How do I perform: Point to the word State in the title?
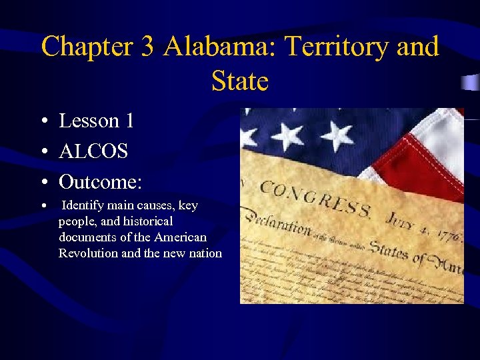pos(239,81)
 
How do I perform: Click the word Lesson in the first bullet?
pos(89,121)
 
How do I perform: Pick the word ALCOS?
pos(93,151)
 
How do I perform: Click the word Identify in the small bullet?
pos(83,206)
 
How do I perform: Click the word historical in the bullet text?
pos(145,221)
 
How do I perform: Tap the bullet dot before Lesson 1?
pos(43,121)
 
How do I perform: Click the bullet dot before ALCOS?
pos(43,152)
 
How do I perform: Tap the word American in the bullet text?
pos(180,237)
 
